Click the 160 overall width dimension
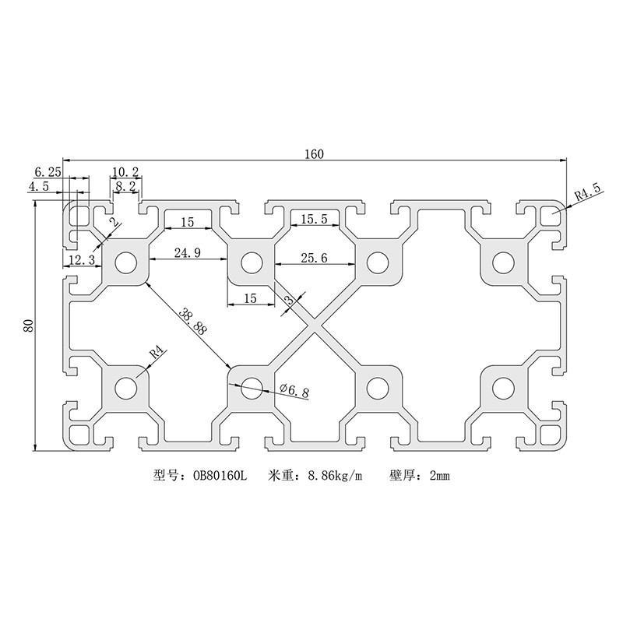(x=314, y=154)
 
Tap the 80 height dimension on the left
(x=28, y=325)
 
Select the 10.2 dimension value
(x=125, y=171)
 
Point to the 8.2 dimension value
(x=125, y=187)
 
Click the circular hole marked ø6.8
(x=251, y=386)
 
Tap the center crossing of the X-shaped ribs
(x=314, y=325)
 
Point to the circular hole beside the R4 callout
(x=125, y=386)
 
